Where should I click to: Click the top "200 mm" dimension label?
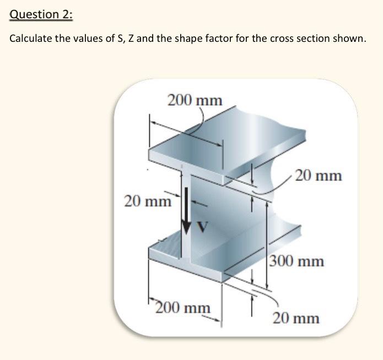pyautogui.click(x=195, y=101)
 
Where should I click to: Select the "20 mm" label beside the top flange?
pyautogui.click(x=319, y=176)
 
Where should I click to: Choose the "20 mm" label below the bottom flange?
pyautogui.click(x=296, y=318)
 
